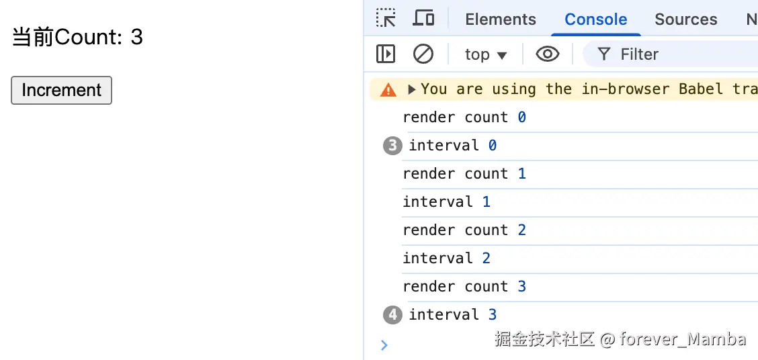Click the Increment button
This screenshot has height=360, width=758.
click(x=61, y=91)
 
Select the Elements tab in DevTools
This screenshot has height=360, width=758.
click(x=501, y=19)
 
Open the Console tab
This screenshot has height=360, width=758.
click(x=595, y=19)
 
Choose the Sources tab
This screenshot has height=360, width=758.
click(x=685, y=19)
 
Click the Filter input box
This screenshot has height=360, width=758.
click(x=672, y=54)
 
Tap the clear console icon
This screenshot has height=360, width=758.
click(x=423, y=54)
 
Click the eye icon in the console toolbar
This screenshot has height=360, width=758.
click(x=547, y=54)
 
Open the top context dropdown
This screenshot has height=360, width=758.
click(x=485, y=54)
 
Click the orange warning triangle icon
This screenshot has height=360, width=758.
click(x=388, y=89)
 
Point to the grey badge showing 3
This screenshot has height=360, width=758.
click(x=392, y=146)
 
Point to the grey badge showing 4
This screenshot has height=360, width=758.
click(x=392, y=315)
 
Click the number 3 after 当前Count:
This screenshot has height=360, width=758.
click(x=136, y=37)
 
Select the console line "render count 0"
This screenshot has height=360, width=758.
click(x=464, y=118)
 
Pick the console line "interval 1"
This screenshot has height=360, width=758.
click(x=446, y=202)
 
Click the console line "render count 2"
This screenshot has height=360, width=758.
click(x=464, y=230)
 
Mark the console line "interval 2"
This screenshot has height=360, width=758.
click(x=446, y=259)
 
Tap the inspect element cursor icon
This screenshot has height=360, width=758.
click(x=386, y=18)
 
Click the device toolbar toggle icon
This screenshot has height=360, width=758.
click(x=423, y=18)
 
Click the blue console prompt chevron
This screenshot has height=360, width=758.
click(x=384, y=345)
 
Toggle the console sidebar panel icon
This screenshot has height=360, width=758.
click(x=386, y=54)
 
